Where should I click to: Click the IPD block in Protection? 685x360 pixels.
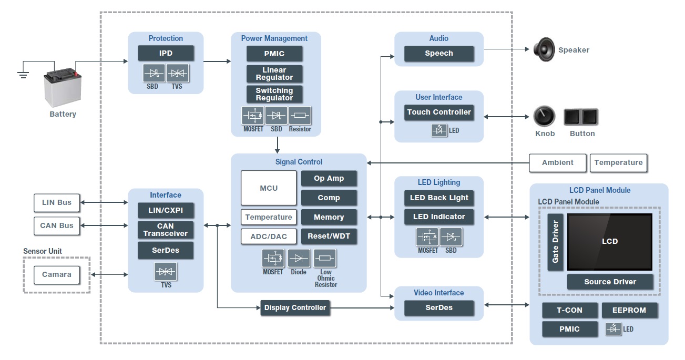pyautogui.click(x=166, y=53)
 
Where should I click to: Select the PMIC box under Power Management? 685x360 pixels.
pyautogui.click(x=274, y=54)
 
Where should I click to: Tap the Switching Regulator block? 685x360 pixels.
pyautogui.click(x=274, y=94)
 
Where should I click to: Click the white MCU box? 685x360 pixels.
pyautogui.click(x=269, y=188)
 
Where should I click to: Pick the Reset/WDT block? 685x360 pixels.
pyautogui.click(x=329, y=236)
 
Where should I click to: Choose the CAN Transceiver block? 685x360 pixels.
pyautogui.click(x=166, y=230)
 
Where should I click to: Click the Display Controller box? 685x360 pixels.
pyautogui.click(x=295, y=307)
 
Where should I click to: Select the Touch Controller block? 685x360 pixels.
pyautogui.click(x=439, y=112)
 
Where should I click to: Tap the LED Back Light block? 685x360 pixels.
pyautogui.click(x=439, y=198)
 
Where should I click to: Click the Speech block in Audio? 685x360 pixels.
pyautogui.click(x=439, y=53)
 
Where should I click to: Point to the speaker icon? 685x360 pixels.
pyautogui.click(x=544, y=50)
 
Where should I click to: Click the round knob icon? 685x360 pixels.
pyautogui.click(x=544, y=116)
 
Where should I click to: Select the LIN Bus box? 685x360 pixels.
pyautogui.click(x=56, y=202)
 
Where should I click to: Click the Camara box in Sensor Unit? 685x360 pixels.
pyautogui.click(x=56, y=274)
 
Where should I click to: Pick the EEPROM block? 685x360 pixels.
pyautogui.click(x=629, y=310)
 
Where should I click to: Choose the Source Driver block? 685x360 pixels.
pyautogui.click(x=610, y=282)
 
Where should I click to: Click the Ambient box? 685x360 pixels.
pyautogui.click(x=557, y=163)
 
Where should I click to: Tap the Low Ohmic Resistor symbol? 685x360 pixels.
pyautogui.click(x=325, y=258)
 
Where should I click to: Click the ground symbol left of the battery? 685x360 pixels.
pyautogui.click(x=23, y=74)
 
